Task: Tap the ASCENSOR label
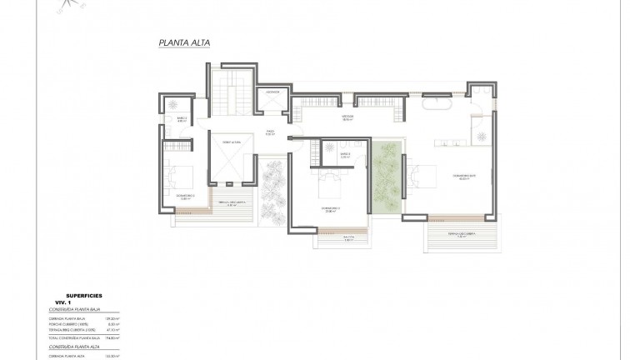[x=271, y=92]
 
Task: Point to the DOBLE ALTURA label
[x=230, y=143]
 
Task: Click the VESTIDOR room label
[x=348, y=117]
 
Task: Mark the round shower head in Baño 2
[x=172, y=103]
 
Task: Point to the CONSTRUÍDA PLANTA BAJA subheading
[x=75, y=308]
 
